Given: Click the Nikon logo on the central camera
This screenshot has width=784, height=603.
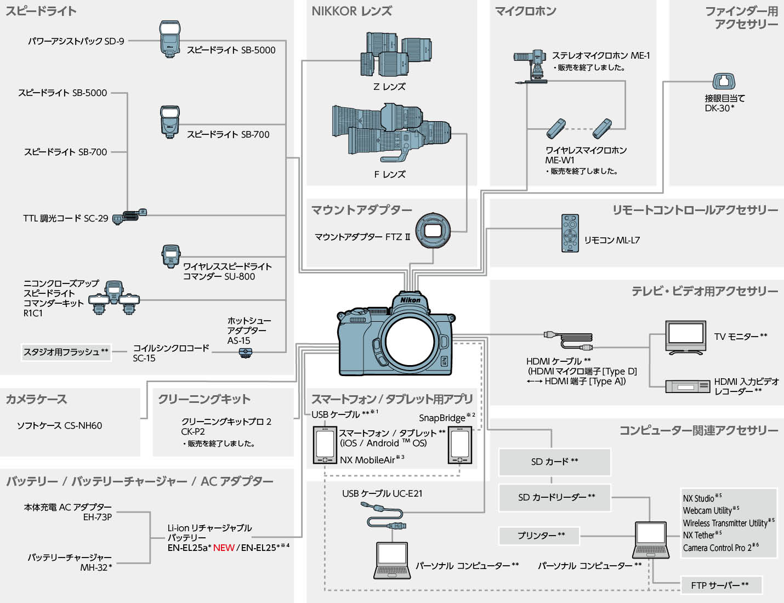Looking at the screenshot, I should pos(410,300).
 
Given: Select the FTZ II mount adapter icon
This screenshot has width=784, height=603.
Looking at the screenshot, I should pos(433,230).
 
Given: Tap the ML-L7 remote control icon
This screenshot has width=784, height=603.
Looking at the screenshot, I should pos(570,234).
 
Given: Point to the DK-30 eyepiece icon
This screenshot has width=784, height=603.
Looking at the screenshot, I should pos(724,82).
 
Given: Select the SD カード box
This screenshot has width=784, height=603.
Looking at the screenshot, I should pos(554,462).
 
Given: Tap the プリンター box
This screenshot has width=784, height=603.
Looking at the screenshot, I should pos(539,536).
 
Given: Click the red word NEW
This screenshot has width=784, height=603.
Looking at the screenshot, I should pos(224,548).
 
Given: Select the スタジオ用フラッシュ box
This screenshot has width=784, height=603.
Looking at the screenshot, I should pos(66,352).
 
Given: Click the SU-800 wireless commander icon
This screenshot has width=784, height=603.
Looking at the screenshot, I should pos(171,257).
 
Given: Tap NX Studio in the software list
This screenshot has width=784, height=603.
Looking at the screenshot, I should pos(698,498).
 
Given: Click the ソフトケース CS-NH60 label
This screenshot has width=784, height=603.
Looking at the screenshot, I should pos(59,425).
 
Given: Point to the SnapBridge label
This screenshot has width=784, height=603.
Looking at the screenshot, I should pos(442,418).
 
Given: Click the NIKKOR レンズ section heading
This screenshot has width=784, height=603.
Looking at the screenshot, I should pos(351,12).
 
